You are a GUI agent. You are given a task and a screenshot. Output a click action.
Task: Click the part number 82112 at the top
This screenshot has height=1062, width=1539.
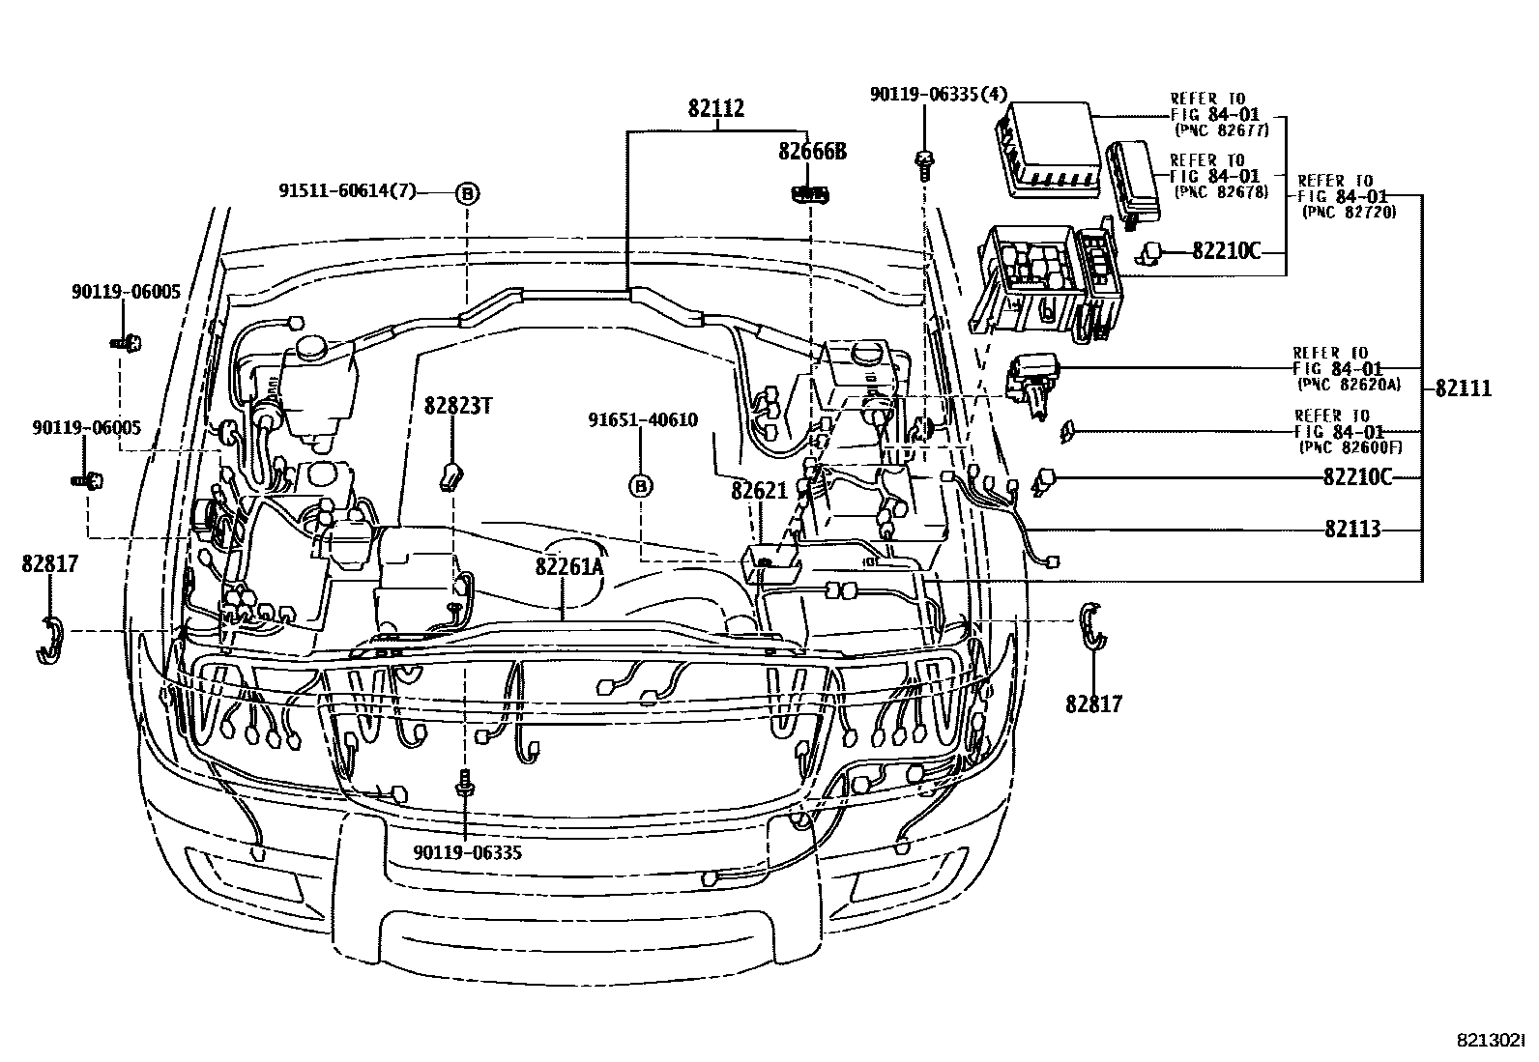pyautogui.click(x=716, y=108)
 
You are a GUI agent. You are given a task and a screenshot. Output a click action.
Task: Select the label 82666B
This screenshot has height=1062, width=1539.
pyautogui.click(x=813, y=152)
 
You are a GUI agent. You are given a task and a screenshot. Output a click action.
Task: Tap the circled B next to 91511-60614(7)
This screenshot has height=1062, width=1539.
pyautogui.click(x=466, y=193)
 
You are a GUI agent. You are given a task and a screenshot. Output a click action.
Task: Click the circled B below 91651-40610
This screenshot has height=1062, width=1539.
pyautogui.click(x=640, y=486)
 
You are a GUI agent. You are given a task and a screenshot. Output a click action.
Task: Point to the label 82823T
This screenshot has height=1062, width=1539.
pyautogui.click(x=458, y=406)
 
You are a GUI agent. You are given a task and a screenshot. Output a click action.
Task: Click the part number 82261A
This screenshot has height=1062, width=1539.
pyautogui.click(x=568, y=566)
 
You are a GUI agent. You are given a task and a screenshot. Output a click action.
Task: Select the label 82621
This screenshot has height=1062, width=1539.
pyautogui.click(x=760, y=491)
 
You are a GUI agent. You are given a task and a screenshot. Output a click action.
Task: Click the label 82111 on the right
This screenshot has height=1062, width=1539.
pyautogui.click(x=1464, y=388)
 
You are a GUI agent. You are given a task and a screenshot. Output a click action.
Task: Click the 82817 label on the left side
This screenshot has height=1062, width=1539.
pyautogui.click(x=49, y=563)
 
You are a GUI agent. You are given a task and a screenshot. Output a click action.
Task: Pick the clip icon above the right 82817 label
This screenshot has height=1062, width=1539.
pyautogui.click(x=1093, y=626)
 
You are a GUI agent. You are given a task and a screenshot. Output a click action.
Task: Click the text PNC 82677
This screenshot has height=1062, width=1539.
pyautogui.click(x=1221, y=129)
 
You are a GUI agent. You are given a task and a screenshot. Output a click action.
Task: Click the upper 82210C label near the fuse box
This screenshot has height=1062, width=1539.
pyautogui.click(x=1227, y=251)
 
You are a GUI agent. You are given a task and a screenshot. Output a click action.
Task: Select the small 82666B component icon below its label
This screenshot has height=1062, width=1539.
pyautogui.click(x=810, y=193)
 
